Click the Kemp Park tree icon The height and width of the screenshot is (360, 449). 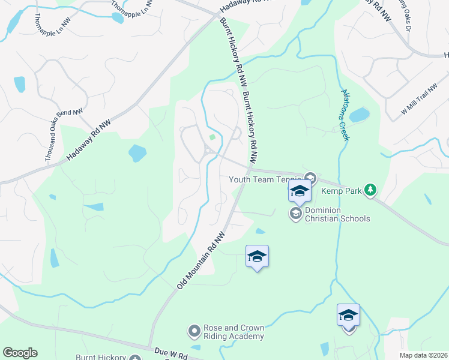coord(371,191)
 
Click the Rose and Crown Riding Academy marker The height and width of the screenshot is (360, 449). coord(194,331)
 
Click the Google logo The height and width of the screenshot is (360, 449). coord(20,353)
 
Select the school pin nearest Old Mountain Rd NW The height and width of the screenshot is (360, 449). coord(257,257)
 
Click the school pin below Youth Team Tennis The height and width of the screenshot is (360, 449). coord(300,191)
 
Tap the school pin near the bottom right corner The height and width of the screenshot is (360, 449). coord(348,316)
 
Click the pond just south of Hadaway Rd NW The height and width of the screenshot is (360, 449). coord(137,154)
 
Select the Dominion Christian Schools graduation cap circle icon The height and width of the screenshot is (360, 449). coord(295,214)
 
